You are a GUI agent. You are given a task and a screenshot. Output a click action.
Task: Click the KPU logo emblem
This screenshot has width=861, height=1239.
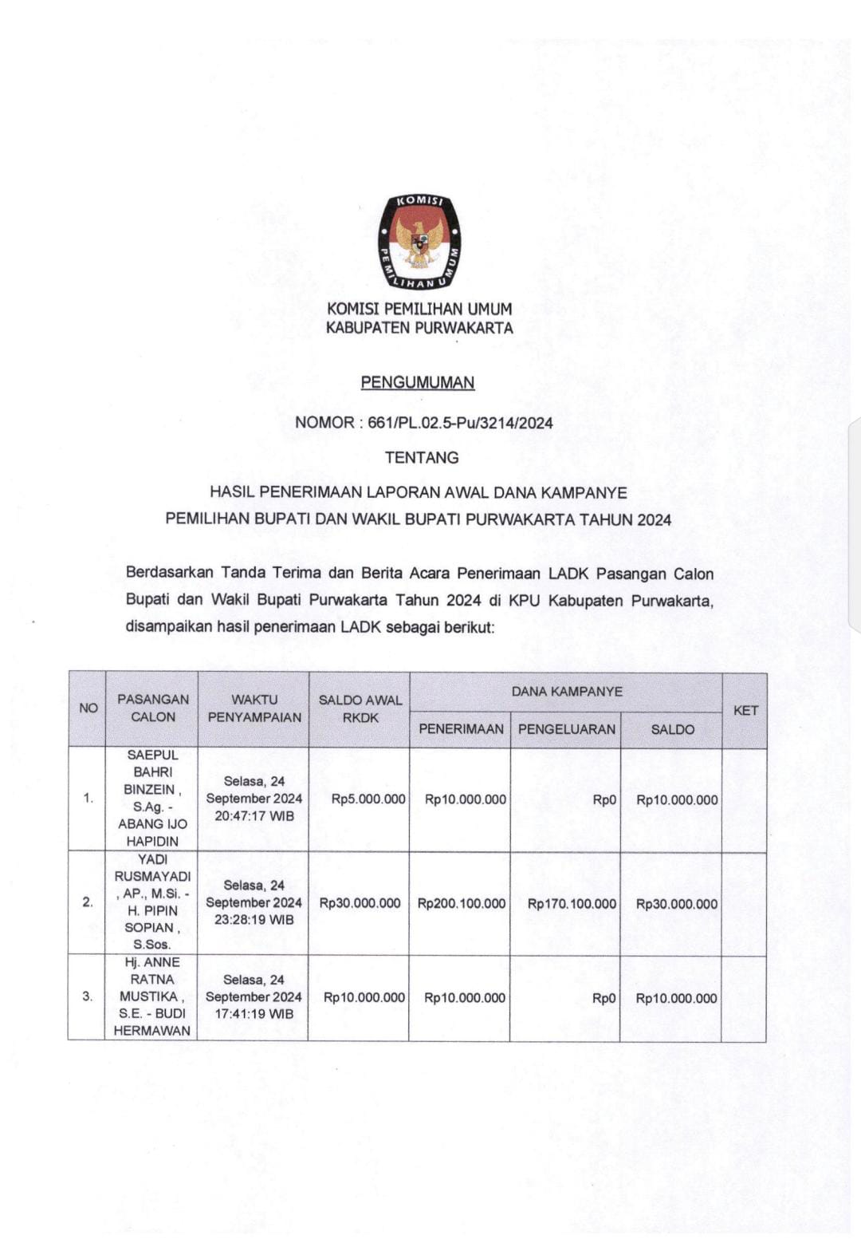click(x=419, y=243)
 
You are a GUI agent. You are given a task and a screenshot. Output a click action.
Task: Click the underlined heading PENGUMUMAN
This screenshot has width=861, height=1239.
click(x=417, y=382)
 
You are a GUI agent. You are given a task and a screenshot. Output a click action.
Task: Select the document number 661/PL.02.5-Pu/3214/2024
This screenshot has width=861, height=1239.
click(x=460, y=423)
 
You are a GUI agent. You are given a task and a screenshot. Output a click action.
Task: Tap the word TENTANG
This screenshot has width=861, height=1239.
click(x=422, y=458)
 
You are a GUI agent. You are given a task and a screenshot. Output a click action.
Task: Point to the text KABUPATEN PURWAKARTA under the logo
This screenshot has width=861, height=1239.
click(x=419, y=328)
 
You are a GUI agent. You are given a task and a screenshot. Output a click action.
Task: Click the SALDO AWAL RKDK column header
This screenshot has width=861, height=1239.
click(x=360, y=708)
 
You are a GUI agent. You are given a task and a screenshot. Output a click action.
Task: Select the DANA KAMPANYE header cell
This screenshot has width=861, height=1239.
click(x=566, y=692)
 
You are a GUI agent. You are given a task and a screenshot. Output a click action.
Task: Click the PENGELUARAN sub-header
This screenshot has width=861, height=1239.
click(x=566, y=729)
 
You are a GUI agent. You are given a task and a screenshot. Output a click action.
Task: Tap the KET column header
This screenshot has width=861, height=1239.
click(x=745, y=710)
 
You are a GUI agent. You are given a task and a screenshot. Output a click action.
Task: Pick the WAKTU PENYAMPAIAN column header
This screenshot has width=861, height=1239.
click(x=254, y=708)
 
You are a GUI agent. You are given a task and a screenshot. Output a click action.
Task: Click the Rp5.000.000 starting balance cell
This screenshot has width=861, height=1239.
click(x=368, y=799)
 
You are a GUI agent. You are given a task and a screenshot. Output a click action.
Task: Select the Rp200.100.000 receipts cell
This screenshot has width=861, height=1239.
click(x=462, y=903)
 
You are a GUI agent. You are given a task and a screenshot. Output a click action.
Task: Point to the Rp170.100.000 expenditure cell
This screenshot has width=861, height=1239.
click(x=572, y=903)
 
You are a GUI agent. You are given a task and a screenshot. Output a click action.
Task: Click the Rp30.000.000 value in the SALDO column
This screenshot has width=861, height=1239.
click(x=676, y=904)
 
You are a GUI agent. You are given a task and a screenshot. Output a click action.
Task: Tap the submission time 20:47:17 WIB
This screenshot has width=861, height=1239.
click(x=254, y=816)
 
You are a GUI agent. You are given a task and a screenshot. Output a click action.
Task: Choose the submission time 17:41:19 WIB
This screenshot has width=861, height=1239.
click(x=254, y=1014)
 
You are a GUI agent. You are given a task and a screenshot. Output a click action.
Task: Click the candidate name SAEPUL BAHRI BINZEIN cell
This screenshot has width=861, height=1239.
click(x=152, y=798)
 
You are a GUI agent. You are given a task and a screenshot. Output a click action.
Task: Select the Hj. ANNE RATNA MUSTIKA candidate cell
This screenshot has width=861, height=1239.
click(x=152, y=996)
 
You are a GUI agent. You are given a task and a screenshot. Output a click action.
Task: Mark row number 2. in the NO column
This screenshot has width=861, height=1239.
click(x=88, y=902)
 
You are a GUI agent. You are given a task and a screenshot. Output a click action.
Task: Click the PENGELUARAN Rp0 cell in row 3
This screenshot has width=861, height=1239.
click(x=604, y=998)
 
